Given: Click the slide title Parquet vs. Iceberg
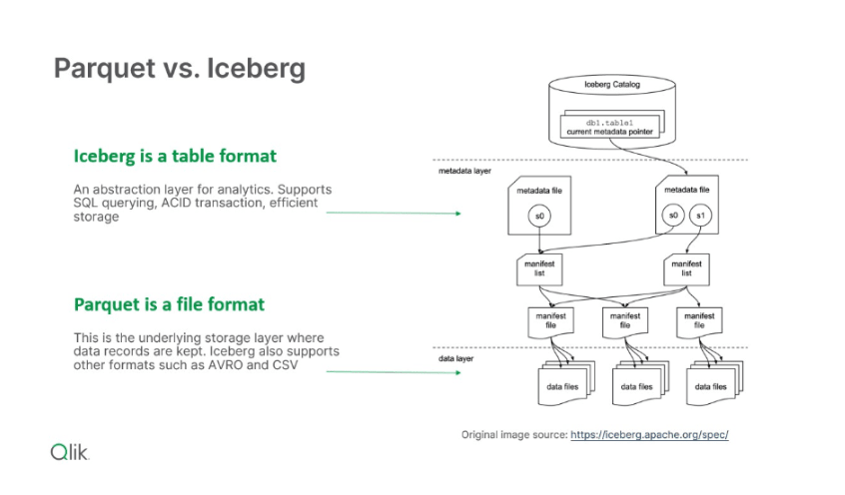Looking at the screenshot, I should pyautogui.click(x=179, y=69).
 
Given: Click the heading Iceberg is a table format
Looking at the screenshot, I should pyautogui.click(x=175, y=157).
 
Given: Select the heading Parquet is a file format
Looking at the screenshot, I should pyautogui.click(x=169, y=303).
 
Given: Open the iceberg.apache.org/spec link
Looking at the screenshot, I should pyautogui.click(x=650, y=435).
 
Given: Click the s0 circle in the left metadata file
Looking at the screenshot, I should pyautogui.click(x=540, y=216).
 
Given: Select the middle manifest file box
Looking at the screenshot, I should pyautogui.click(x=624, y=319).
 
